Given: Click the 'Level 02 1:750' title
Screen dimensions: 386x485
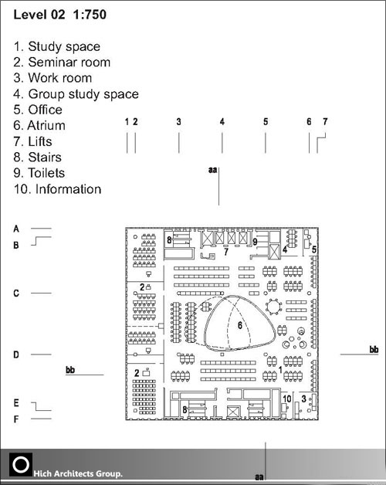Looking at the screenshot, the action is pyautogui.click(x=60, y=15).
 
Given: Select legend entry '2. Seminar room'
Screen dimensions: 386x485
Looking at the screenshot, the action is pyautogui.click(x=62, y=63).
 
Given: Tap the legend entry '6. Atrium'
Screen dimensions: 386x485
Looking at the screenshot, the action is pyautogui.click(x=39, y=125).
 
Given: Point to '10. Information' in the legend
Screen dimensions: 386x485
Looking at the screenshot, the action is pyautogui.click(x=58, y=189).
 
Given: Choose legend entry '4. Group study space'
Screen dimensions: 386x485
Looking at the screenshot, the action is pyautogui.click(x=76, y=94).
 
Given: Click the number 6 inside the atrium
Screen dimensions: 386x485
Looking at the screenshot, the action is pyautogui.click(x=240, y=325).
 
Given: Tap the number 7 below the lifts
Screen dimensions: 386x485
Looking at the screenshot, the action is pyautogui.click(x=226, y=252).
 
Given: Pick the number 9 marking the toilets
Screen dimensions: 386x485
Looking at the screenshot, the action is pyautogui.click(x=255, y=242).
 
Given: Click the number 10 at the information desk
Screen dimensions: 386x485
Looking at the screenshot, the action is pyautogui.click(x=287, y=399).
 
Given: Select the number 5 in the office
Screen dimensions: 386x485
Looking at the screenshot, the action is pyautogui.click(x=314, y=249).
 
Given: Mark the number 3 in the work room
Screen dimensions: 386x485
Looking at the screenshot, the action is pyautogui.click(x=303, y=399).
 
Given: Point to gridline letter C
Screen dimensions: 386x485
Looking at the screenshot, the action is pyautogui.click(x=16, y=293).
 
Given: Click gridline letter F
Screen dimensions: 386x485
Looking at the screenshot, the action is pyautogui.click(x=16, y=419).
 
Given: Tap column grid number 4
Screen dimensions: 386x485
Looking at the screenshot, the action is pyautogui.click(x=222, y=122).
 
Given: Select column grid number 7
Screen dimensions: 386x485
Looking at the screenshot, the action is pyautogui.click(x=325, y=122).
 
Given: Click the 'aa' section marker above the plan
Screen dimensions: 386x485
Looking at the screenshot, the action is pyautogui.click(x=213, y=170).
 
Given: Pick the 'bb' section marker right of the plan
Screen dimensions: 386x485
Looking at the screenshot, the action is pyautogui.click(x=374, y=350).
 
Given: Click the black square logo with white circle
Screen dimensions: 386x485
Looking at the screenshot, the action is pyautogui.click(x=21, y=465).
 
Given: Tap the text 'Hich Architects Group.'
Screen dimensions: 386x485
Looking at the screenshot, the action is pyautogui.click(x=78, y=473).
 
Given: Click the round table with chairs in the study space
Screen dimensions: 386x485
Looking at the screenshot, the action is pyautogui.click(x=273, y=307).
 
